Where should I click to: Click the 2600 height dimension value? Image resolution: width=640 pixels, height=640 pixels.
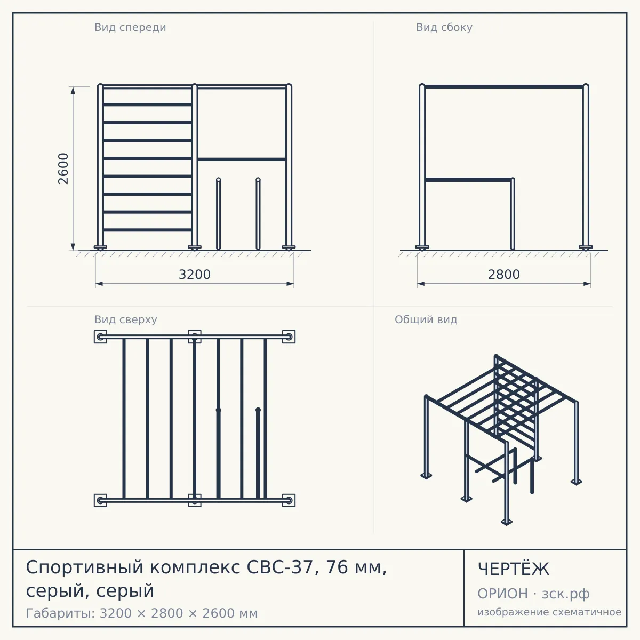coord(63,169)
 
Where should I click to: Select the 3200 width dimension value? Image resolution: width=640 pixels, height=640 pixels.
coord(195,275)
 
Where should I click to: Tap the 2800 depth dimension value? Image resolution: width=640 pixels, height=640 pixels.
coord(504,275)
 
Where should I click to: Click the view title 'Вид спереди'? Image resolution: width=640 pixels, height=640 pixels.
coord(130,27)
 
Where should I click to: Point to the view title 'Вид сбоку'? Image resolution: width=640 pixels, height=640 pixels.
coord(444,27)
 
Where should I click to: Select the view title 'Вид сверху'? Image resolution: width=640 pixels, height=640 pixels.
coord(125,319)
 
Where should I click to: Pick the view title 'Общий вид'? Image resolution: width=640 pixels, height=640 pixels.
coord(426,319)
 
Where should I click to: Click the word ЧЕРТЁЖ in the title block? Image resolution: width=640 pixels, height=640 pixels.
coord(514,569)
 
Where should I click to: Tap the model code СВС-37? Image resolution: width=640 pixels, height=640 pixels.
coord(280,567)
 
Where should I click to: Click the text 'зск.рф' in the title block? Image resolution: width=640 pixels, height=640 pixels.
coord(566,594)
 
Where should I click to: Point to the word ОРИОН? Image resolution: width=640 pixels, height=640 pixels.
coord(502,594)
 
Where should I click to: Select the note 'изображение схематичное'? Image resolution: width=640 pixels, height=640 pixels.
coord(549,612)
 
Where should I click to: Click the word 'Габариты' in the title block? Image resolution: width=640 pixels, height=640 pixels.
coord(61,613)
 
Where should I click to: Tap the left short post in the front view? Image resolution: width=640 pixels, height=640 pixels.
coord(218,213)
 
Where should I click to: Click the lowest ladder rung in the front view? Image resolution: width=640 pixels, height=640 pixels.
coord(147,230)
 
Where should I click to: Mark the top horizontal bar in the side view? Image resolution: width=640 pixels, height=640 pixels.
coord(504,87)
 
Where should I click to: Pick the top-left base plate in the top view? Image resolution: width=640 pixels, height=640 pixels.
coord(100,337)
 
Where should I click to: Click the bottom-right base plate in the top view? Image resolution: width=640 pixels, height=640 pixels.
coord(289,500)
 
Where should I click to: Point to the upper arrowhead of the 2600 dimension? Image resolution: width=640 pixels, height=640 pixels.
coord(73,91)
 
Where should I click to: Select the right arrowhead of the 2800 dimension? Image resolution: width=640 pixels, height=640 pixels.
coord(587,284)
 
